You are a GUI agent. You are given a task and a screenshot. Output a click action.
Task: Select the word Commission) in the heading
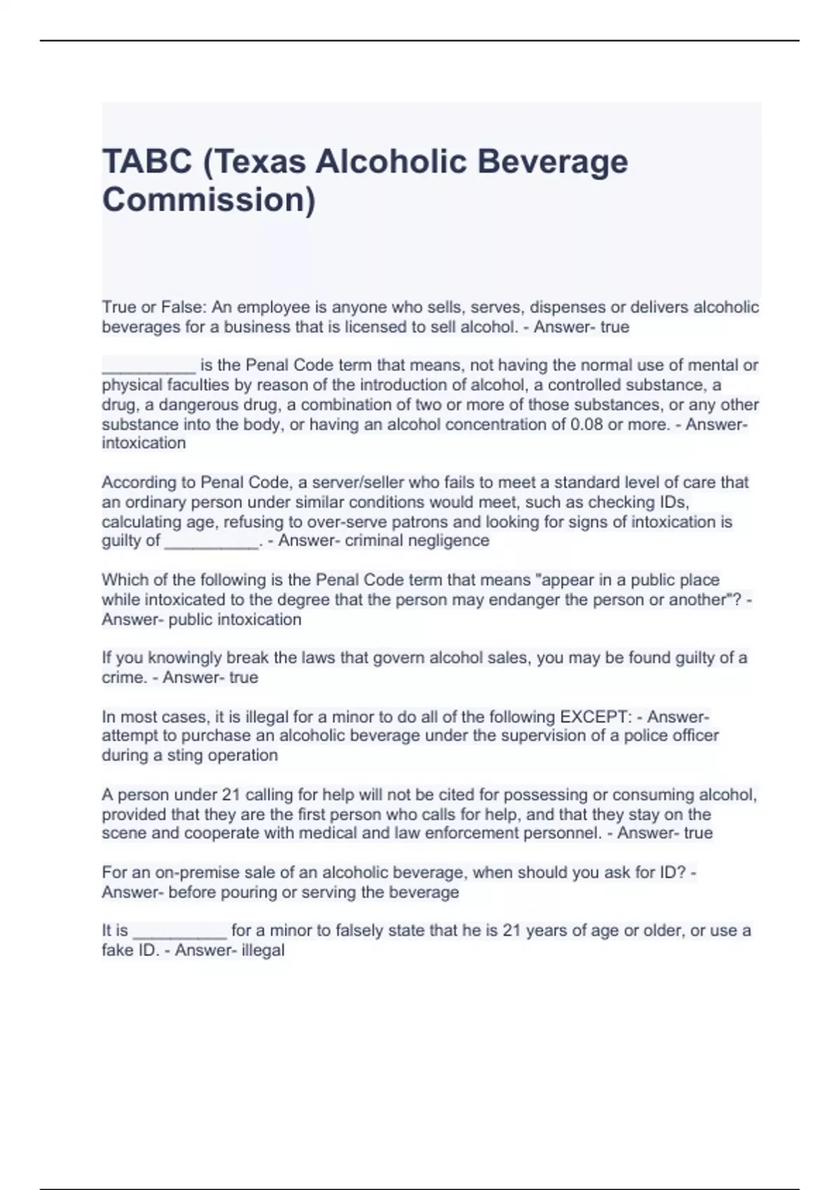pos(209,199)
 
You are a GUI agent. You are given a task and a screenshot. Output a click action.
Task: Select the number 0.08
pos(587,424)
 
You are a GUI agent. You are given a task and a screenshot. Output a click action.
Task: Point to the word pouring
pos(248,892)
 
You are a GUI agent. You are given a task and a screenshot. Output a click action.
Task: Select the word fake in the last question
pos(118,951)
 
